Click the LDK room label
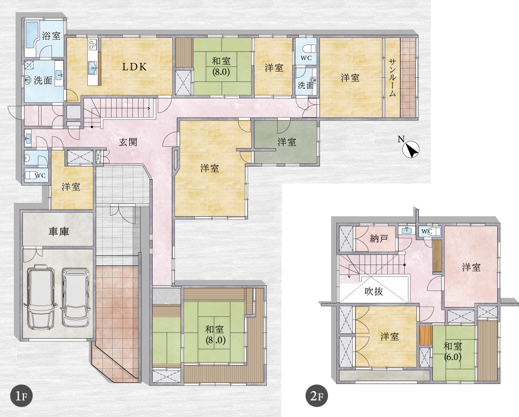134,67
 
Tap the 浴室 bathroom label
51,35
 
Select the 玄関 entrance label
128,142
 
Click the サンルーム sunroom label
392,77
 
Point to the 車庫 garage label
59,231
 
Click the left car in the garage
41,299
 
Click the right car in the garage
76,297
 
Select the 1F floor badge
21,396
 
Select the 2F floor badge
317,396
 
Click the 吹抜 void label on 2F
374,291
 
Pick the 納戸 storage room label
379,239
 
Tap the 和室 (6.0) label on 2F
453,351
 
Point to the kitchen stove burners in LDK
92,44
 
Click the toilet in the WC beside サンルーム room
311,48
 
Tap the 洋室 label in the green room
286,142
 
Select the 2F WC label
427,231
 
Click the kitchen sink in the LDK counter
93,69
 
